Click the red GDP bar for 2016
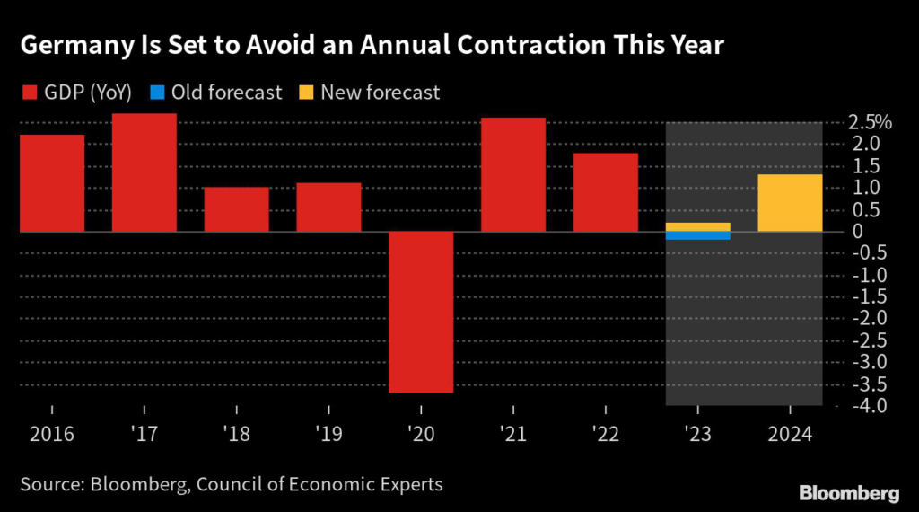pos(52,183)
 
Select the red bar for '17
pos(144,172)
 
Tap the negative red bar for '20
pos(421,312)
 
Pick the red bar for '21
pos(513,174)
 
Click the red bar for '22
pos(606,192)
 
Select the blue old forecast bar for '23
pos(698,235)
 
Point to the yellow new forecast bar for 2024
pos(791,203)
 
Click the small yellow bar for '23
pos(698,226)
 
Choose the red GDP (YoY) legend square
pos(29,93)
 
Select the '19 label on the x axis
pos(328,435)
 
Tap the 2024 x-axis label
pos(791,435)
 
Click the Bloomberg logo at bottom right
pos(848,492)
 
